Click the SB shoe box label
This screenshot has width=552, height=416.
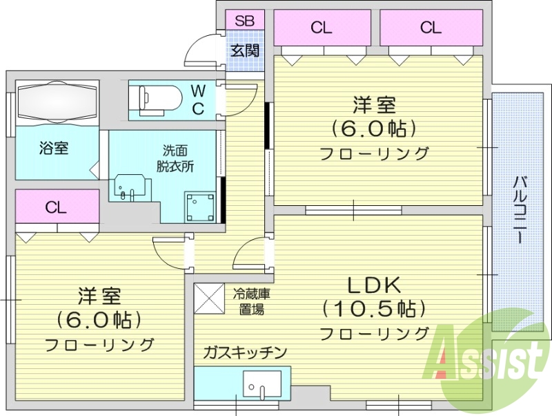coord(244,21)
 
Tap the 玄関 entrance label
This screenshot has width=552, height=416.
coord(244,50)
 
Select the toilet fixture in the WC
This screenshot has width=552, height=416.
coord(159,99)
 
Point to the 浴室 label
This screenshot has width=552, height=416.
coord(53,148)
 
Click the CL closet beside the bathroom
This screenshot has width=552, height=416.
coord(57,208)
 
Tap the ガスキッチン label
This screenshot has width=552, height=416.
coord(244,353)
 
